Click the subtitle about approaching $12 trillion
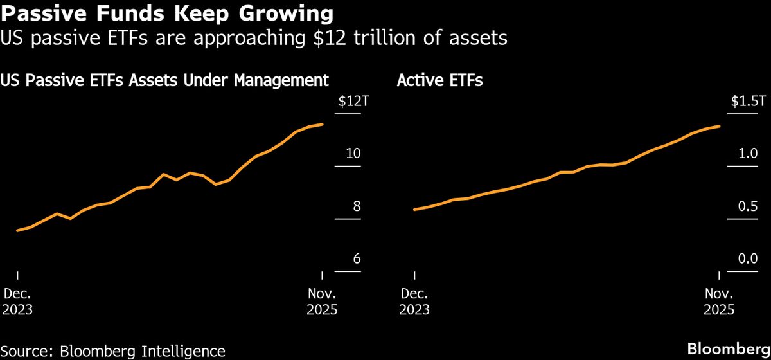(x=254, y=39)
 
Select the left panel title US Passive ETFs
(x=164, y=81)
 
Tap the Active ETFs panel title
(x=440, y=81)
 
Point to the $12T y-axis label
(x=350, y=102)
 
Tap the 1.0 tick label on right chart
(x=749, y=154)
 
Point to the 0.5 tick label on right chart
(x=749, y=206)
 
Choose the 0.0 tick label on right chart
(x=749, y=259)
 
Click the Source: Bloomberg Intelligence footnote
(x=113, y=350)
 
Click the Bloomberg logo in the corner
(x=728, y=349)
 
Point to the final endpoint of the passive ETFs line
(x=323, y=124)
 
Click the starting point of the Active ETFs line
(x=414, y=209)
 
